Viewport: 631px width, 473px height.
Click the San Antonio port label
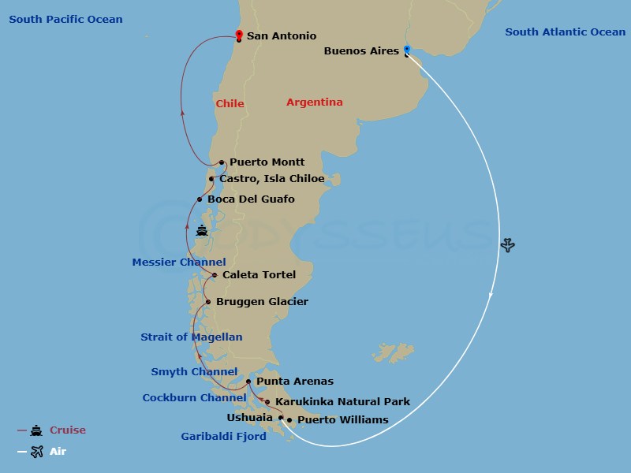[x=282, y=36]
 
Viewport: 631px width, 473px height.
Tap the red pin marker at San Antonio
[x=239, y=35]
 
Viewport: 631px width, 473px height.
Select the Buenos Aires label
[x=362, y=51]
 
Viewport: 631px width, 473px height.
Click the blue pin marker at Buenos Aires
[x=407, y=50]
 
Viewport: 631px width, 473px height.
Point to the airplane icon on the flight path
[x=508, y=245]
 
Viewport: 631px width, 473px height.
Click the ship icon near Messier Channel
[x=202, y=231]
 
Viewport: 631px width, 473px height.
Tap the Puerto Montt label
[x=267, y=162]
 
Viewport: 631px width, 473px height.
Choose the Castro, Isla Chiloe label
[x=271, y=179]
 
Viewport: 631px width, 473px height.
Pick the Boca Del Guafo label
[x=251, y=199]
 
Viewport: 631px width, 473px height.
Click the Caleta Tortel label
[x=259, y=275]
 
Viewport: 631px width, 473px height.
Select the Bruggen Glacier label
[x=262, y=302]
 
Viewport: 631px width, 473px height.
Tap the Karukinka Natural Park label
[x=342, y=402]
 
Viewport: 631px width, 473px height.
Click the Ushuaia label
[x=249, y=418]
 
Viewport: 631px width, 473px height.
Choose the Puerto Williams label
[x=342, y=420]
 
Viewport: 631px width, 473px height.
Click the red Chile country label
[x=230, y=104]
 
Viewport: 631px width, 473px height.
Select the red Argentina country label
[x=314, y=102]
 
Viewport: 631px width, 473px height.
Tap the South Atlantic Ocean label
[x=565, y=32]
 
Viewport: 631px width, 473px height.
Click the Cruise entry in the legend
[x=67, y=430]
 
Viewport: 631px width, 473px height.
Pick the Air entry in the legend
[x=58, y=452]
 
